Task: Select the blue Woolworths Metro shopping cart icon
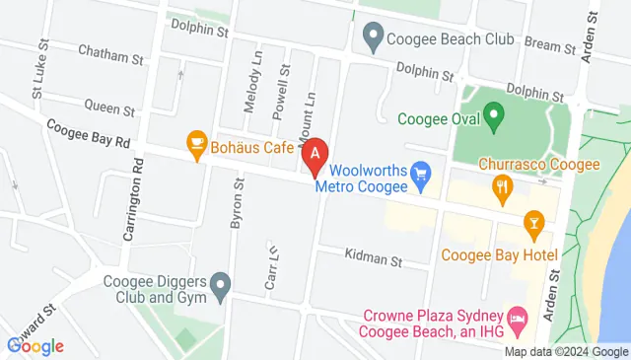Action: [421, 178]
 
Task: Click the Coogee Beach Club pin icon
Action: [373, 38]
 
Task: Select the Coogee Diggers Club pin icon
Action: [222, 288]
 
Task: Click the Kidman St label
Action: [374, 258]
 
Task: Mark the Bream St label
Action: [550, 45]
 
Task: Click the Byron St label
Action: [237, 204]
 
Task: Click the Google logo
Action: [35, 345]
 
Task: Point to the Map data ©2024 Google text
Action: [566, 352]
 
